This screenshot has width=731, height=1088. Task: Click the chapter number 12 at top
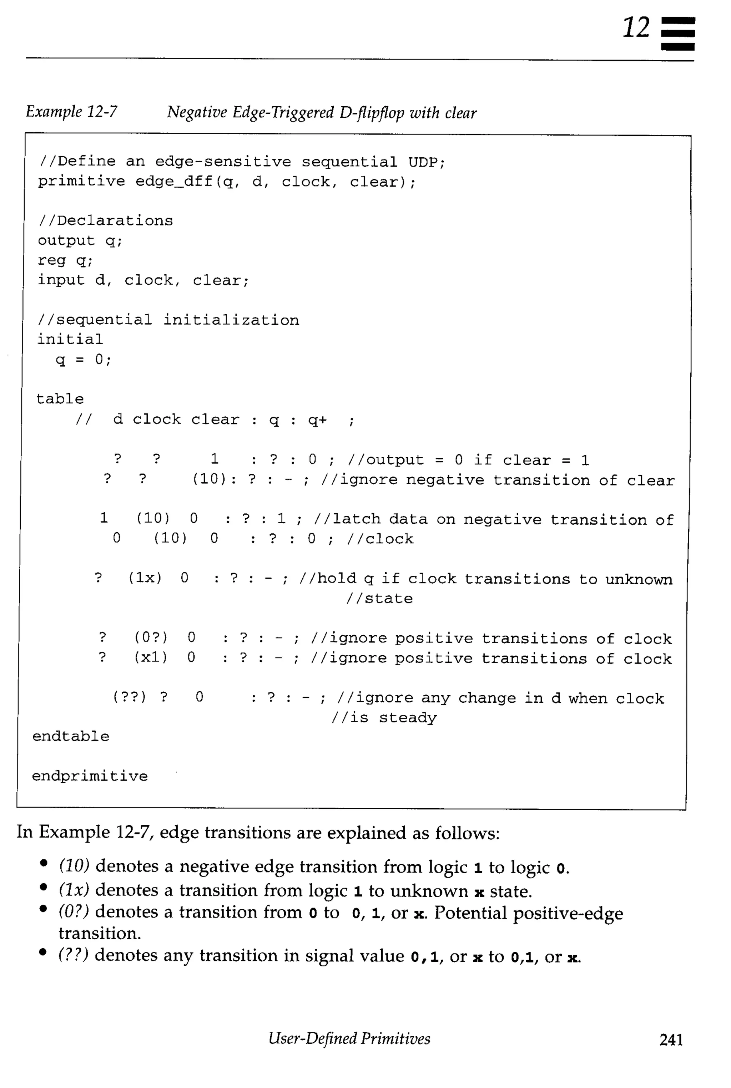pos(636,27)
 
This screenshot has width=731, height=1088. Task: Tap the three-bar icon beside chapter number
pos(678,34)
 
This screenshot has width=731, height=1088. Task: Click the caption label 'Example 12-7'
pos(71,112)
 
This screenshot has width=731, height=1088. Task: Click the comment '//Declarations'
pos(105,220)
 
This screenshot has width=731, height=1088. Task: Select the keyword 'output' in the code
pos(66,240)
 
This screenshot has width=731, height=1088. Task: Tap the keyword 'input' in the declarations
pos(61,280)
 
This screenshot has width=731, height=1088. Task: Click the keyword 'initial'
pos(70,339)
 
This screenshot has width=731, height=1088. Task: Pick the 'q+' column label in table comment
pos(317,420)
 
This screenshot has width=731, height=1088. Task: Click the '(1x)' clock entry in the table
pos(145,578)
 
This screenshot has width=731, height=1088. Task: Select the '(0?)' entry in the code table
pos(151,637)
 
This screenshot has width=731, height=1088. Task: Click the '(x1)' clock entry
pos(151,657)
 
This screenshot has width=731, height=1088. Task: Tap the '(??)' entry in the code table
pos(129,697)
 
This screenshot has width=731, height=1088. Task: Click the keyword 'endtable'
pos(70,736)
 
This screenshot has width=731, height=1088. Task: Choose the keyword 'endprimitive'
pos(90,776)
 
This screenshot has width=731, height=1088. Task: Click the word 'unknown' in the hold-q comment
pos(638,579)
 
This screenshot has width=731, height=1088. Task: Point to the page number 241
pos(671,1039)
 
